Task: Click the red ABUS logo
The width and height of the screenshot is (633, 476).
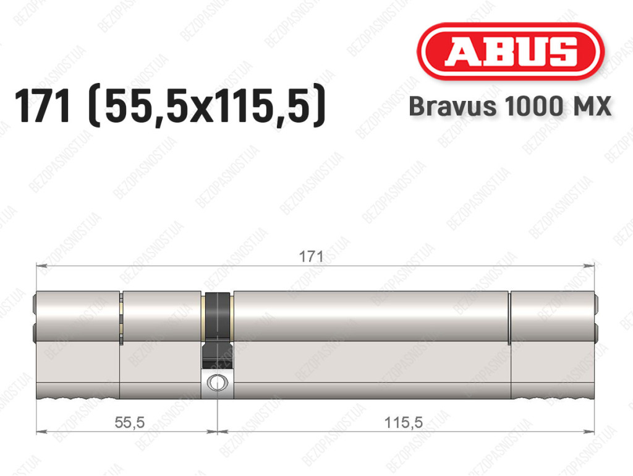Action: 510,51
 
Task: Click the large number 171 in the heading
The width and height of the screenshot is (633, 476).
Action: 43,106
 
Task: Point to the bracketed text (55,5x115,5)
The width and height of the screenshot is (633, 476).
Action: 206,106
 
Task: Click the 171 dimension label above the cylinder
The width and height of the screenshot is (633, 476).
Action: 311,256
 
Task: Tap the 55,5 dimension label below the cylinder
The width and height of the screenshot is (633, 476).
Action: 130,422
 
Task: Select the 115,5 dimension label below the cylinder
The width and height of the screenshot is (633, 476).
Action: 403,422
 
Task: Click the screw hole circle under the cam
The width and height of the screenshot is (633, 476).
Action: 217,383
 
